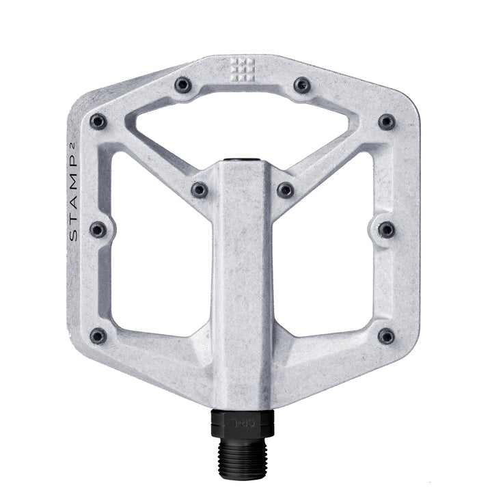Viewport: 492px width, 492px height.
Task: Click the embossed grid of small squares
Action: [242, 68]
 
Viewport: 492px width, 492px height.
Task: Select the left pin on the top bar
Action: [182, 85]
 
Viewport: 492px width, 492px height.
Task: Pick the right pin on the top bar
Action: [302, 85]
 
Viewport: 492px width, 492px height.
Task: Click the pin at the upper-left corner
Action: [98, 122]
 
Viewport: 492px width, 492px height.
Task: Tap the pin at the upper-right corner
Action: [387, 122]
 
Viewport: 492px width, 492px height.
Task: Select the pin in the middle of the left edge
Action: [98, 229]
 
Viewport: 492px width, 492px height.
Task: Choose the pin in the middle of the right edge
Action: [387, 229]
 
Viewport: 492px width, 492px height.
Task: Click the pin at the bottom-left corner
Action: [98, 336]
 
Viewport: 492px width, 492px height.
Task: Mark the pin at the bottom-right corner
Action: [387, 336]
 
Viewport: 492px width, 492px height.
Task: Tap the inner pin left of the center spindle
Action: [200, 189]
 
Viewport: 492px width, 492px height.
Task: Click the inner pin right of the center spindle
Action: [286, 189]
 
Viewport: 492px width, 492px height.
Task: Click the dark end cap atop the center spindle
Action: [243, 163]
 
